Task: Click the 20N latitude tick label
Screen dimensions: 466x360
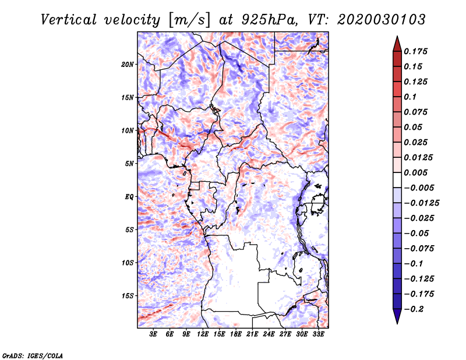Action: point(128,65)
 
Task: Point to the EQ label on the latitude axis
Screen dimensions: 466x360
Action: point(129,197)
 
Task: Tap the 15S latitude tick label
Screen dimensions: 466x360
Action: point(128,296)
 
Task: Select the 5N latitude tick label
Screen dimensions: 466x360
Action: point(129,164)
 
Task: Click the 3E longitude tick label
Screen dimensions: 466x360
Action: point(153,334)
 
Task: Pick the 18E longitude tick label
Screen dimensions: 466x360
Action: point(236,334)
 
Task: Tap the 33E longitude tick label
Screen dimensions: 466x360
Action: point(318,334)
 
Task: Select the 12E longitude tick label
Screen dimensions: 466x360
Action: point(203,334)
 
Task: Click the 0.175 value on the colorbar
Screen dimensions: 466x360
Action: point(415,51)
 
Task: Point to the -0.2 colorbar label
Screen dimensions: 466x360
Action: point(414,309)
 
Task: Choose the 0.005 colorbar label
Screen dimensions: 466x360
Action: point(415,172)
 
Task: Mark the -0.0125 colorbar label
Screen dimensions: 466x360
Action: point(421,203)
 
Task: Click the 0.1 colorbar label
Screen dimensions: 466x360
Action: point(410,97)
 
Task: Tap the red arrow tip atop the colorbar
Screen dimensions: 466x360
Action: point(397,36)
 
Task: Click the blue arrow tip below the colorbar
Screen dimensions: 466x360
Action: point(397,323)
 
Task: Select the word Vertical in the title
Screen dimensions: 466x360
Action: point(68,20)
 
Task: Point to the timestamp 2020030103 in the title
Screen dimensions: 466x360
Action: point(382,20)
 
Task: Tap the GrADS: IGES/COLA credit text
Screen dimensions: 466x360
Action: point(33,355)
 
